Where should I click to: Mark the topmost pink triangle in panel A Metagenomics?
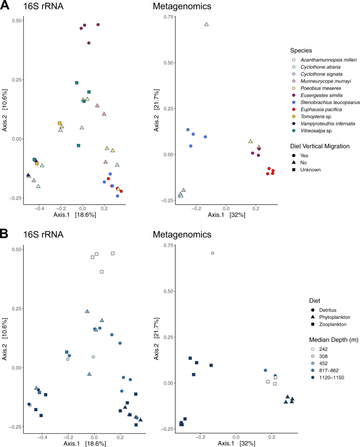[207, 24]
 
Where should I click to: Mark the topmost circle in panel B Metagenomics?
[212, 253]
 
